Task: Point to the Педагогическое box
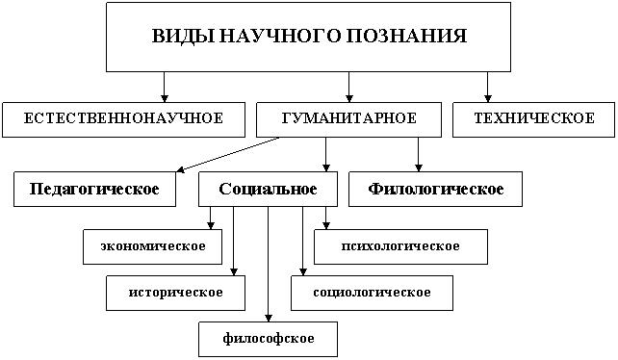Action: (94, 190)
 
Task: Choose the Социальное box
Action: (268, 190)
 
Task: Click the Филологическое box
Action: (435, 190)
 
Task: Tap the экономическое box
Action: (152, 246)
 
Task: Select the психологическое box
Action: (400, 246)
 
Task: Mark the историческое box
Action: (176, 293)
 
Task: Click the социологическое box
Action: (373, 293)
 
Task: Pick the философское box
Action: (268, 339)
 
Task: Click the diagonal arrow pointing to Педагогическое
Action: (228, 155)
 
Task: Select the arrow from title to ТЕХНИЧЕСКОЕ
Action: (487, 88)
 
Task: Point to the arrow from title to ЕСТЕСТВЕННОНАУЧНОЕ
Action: (165, 88)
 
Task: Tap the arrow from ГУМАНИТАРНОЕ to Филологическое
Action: (418, 155)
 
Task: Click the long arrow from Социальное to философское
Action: (268, 264)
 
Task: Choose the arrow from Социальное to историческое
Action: (233, 241)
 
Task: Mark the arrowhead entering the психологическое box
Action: (325, 225)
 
